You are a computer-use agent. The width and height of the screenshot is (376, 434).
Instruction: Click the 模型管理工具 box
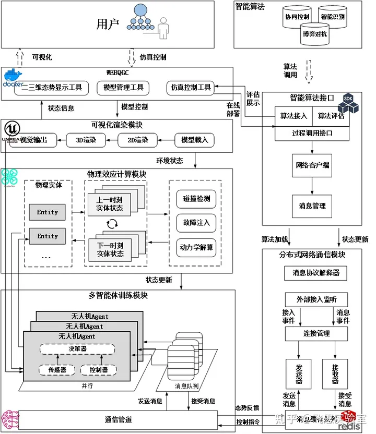(123, 88)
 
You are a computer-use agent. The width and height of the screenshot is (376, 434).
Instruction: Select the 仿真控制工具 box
(191, 88)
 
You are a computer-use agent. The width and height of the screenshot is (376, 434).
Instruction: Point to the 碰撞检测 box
(196, 199)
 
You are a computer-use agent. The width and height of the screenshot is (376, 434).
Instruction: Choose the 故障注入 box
(196, 223)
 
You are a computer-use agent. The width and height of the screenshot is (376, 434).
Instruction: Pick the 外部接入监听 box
(316, 299)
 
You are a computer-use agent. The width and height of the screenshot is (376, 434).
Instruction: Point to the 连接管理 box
(316, 333)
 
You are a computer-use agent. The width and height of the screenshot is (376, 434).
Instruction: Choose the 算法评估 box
(331, 116)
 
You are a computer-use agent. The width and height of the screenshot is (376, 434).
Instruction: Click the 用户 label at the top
(108, 23)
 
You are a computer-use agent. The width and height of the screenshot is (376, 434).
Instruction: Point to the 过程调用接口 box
(312, 133)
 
